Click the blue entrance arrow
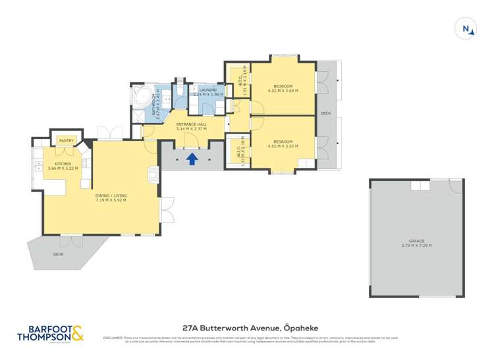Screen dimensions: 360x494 point(192,159)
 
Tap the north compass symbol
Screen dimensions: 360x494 point(466,28)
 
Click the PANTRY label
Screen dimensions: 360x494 point(67,140)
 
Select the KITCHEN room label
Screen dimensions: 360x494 point(63,165)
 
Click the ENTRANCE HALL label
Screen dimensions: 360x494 point(192,124)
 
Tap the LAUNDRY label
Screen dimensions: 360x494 point(208,90)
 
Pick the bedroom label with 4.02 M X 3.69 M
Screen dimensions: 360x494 point(283,88)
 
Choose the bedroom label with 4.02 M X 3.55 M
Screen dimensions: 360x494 point(283,141)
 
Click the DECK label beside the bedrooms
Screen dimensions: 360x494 point(325,113)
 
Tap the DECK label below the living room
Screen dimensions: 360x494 point(59,254)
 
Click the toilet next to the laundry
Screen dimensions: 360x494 point(178,90)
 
